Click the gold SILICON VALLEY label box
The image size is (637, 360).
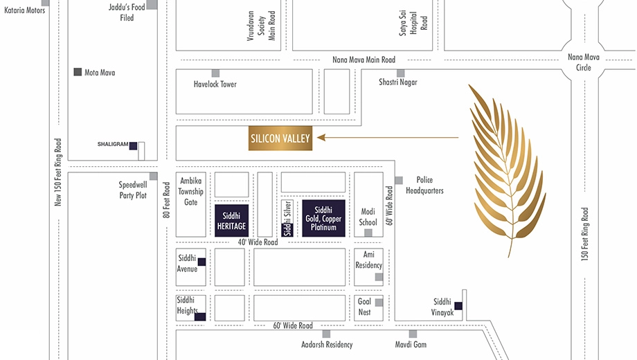[280, 138]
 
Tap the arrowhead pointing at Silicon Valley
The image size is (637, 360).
[321, 137]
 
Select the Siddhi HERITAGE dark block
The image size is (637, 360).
[231, 221]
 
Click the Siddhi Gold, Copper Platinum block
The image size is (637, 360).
[324, 218]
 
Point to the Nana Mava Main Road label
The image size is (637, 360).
[364, 60]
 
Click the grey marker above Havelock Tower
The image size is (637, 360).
[215, 73]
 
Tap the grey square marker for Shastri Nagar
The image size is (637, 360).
[401, 73]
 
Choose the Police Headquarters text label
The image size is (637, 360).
[424, 186]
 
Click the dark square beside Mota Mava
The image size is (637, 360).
[78, 72]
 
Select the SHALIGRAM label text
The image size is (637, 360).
[113, 144]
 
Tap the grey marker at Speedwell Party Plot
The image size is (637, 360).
[153, 177]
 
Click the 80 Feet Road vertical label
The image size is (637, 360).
[166, 200]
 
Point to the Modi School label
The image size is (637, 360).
[368, 217]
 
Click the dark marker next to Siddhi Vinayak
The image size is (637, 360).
[458, 306]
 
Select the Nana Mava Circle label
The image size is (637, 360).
[584, 62]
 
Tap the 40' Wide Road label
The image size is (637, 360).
[258, 242]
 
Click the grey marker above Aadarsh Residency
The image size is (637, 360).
[326, 334]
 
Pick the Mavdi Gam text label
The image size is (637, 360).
[411, 345]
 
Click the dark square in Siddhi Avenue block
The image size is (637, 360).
[201, 262]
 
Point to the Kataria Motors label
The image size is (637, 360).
[24, 10]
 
